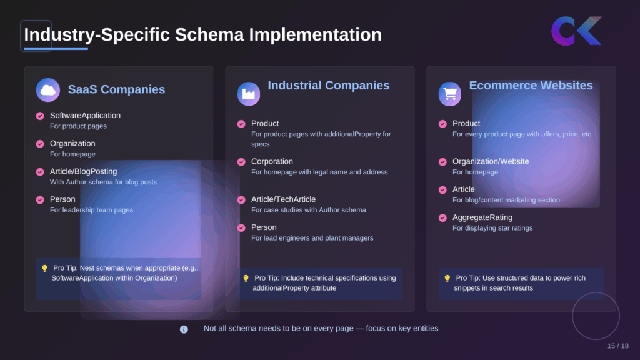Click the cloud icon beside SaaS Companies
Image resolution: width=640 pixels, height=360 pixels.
click(48, 90)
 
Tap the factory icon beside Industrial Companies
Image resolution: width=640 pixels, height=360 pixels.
click(249, 94)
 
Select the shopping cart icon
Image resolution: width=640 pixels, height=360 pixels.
click(450, 94)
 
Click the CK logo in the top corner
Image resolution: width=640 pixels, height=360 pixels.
click(576, 31)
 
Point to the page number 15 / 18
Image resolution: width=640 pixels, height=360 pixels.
click(617, 346)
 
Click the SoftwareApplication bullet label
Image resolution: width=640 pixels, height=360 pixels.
click(85, 116)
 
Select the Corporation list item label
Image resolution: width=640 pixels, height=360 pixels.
click(272, 161)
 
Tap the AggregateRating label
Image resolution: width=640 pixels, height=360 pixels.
click(482, 217)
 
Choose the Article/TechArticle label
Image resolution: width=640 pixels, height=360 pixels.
click(283, 199)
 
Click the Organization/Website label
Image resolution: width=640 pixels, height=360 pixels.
click(491, 161)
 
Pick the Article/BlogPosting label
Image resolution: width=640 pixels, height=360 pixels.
click(83, 171)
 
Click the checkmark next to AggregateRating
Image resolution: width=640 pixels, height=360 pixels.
click(442, 218)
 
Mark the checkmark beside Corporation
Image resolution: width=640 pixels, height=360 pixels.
click(241, 162)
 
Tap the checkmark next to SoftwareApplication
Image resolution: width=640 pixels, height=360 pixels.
click(40, 116)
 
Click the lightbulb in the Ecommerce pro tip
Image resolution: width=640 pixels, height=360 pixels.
click(447, 279)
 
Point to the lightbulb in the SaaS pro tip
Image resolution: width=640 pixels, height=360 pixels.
click(44, 268)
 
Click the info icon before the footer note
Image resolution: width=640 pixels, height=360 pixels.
click(184, 329)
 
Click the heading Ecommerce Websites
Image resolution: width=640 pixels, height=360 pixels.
click(531, 86)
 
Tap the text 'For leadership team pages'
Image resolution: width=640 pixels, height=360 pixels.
click(91, 210)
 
